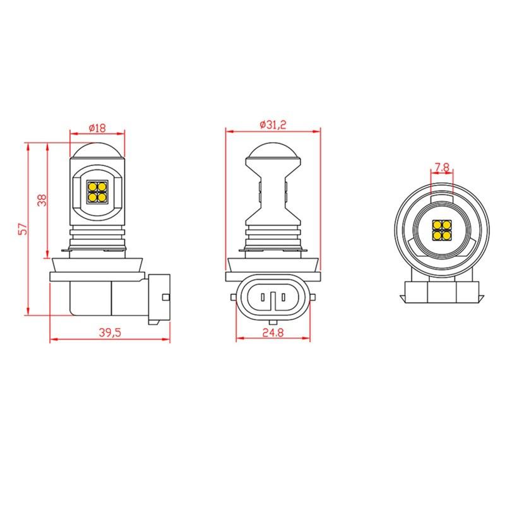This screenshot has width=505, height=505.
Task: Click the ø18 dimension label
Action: tap(97, 128)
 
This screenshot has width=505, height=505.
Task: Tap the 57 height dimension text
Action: tap(23, 229)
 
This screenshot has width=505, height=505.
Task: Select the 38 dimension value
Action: tap(42, 200)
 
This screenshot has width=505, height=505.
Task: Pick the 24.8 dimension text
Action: tap(273, 333)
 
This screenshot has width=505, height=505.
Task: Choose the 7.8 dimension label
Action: tap(441, 167)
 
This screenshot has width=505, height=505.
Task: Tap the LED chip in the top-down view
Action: tap(441, 230)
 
